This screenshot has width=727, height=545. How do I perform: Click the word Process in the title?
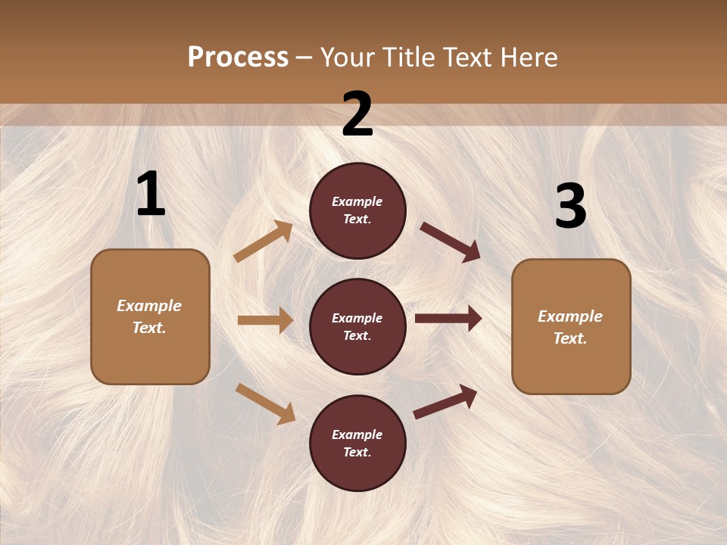[238, 57]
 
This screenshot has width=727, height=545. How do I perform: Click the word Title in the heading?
[407, 57]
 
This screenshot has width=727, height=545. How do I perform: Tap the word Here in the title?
[528, 57]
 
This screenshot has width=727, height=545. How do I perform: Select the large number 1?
[150, 195]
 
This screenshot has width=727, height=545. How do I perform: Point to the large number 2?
[357, 115]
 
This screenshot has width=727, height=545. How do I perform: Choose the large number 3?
[570, 207]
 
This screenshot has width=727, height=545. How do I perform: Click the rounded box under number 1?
[150, 316]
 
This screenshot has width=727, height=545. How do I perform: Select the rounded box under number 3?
[571, 326]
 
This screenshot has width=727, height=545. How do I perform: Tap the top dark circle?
[357, 210]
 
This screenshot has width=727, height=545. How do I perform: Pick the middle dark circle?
[357, 326]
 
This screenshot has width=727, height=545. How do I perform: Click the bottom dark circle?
[357, 443]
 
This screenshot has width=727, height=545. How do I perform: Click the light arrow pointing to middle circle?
[265, 320]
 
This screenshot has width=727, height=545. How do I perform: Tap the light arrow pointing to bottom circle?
[265, 403]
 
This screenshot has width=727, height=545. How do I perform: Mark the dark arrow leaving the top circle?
[450, 241]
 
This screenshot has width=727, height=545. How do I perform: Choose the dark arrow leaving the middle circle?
[448, 319]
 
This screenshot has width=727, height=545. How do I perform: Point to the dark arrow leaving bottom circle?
[445, 401]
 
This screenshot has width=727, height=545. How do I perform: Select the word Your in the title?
[347, 57]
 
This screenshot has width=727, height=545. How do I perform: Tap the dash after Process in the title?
[304, 58]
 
